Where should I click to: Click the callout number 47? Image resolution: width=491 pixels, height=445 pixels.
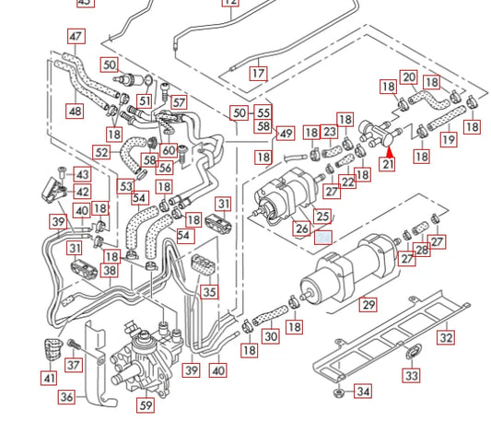tap(76, 37)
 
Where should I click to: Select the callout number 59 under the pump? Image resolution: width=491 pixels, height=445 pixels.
tap(146, 404)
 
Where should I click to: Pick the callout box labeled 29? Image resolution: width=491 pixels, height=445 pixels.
tap(368, 305)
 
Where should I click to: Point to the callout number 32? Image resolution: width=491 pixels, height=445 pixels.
tap(445, 338)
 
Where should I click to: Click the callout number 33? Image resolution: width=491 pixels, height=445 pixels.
tap(411, 375)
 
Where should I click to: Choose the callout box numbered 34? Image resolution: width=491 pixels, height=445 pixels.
tap(363, 392)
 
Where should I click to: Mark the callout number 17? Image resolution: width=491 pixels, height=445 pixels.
tap(258, 73)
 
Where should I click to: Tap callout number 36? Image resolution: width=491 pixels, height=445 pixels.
tap(66, 397)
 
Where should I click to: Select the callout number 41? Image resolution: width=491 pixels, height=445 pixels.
tap(48, 378)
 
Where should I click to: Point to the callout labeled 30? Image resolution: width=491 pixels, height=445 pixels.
tap(270, 336)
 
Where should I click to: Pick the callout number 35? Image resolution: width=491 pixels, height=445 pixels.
tap(210, 293)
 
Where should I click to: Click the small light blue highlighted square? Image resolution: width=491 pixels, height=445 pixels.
tap(323, 237)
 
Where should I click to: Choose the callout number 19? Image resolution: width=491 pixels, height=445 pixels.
tap(448, 140)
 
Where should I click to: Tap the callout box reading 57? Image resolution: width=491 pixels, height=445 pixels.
tap(178, 103)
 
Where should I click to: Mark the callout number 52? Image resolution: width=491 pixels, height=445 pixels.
tap(101, 152)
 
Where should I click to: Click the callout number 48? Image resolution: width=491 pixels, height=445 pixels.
tap(74, 111)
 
